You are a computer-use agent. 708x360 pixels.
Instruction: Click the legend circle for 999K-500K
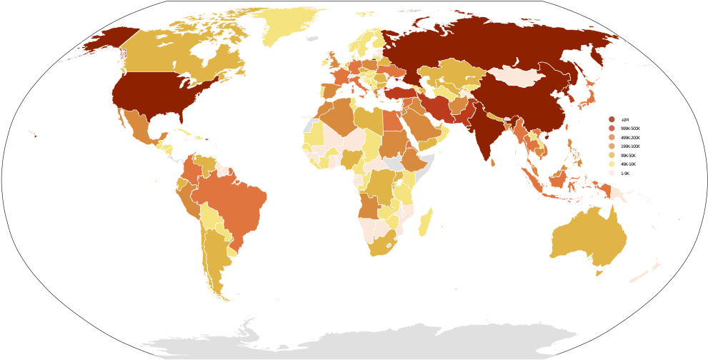(612, 129)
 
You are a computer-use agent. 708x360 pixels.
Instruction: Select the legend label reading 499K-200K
(630, 138)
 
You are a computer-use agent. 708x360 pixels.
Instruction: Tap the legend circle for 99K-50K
(612, 155)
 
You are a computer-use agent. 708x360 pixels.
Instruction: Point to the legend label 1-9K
(625, 174)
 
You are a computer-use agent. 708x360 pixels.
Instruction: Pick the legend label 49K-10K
(629, 164)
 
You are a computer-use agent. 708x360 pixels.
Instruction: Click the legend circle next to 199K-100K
(612, 146)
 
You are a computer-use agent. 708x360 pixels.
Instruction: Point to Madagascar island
(425, 222)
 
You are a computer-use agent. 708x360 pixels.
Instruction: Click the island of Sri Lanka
(493, 163)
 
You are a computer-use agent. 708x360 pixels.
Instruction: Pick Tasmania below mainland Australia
(599, 272)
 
